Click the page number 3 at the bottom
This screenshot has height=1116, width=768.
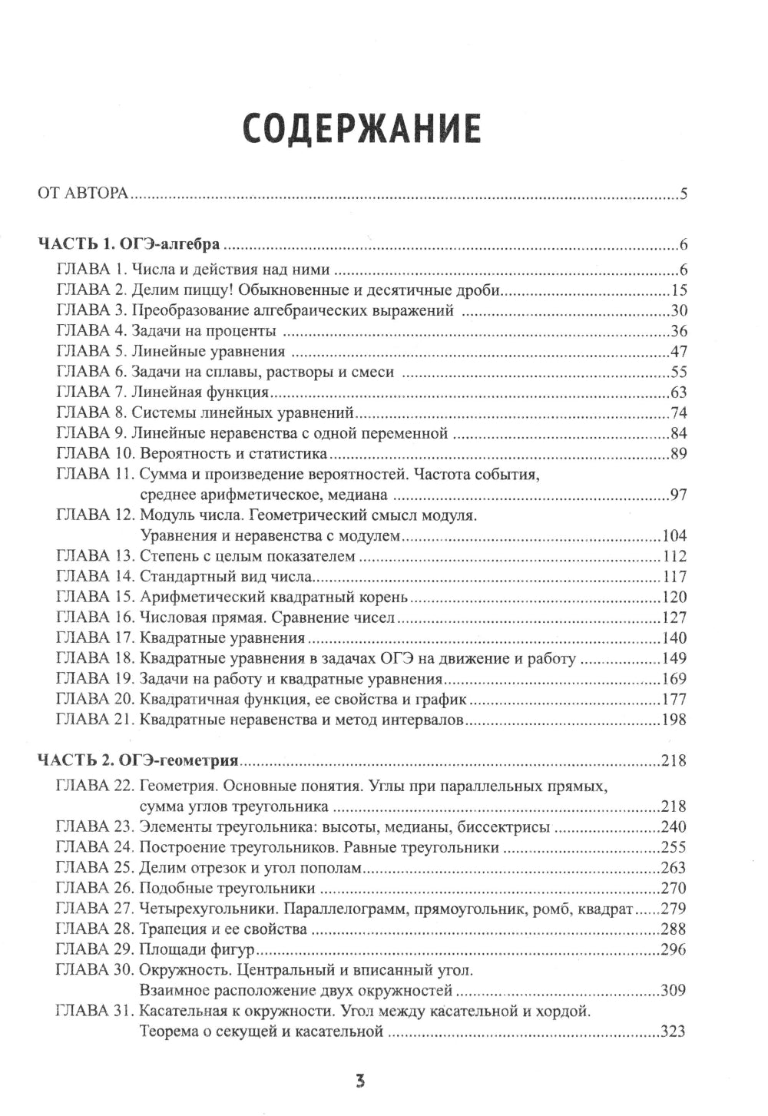point(360,1081)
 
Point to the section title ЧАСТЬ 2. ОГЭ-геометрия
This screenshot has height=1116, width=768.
point(138,761)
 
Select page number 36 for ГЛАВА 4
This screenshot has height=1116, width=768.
point(678,331)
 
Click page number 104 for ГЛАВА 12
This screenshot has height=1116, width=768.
point(674,535)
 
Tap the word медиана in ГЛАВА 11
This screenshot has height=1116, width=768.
point(361,495)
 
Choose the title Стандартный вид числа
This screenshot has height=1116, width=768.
point(224,576)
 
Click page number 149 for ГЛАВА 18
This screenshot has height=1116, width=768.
point(674,658)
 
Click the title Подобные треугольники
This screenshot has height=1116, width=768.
point(227,888)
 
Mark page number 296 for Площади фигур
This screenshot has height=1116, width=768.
point(674,949)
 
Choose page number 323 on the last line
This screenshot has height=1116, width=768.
point(674,1032)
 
